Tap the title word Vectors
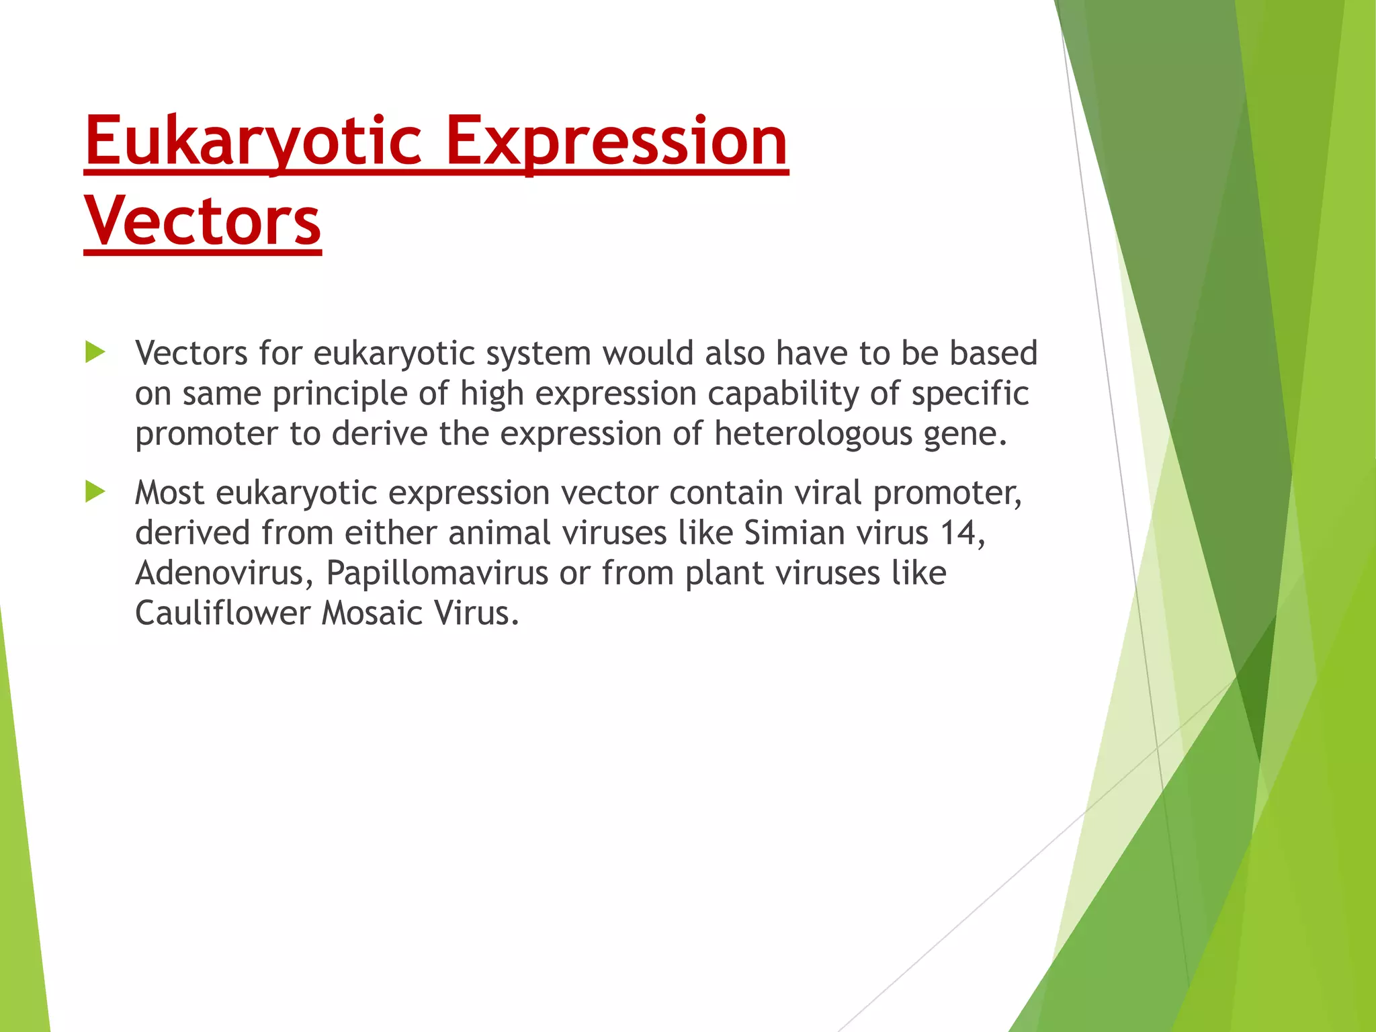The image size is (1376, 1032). tap(203, 222)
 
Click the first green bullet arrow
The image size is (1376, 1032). tap(95, 353)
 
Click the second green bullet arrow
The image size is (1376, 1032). tap(95, 492)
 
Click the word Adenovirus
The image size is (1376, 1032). tap(219, 573)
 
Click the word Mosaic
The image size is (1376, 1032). tap(372, 613)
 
